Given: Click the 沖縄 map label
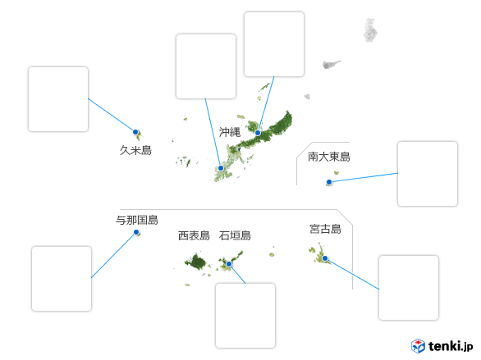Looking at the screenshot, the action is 230,132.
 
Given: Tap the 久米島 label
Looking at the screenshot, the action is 135,150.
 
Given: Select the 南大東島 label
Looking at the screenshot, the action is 329,157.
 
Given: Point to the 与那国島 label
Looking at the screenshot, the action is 137,220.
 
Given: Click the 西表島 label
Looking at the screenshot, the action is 194,235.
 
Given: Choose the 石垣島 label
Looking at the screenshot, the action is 235,235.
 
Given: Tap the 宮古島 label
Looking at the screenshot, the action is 326,229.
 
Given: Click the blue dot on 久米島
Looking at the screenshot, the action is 135,132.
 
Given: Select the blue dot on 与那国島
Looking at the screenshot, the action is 136,232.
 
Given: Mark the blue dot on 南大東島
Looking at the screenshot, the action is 329,182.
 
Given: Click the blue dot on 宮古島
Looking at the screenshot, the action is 325,258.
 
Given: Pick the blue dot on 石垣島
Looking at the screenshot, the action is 229,264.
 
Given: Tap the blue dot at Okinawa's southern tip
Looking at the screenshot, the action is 221,168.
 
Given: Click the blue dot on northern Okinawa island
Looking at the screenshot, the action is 258,133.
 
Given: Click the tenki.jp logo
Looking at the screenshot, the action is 442,346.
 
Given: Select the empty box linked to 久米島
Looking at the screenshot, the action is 58,99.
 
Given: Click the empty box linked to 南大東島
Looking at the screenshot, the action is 428,174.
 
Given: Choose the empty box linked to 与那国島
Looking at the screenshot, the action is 62,279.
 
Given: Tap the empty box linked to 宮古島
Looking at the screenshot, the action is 409,288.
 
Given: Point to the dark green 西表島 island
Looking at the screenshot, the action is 196,262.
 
